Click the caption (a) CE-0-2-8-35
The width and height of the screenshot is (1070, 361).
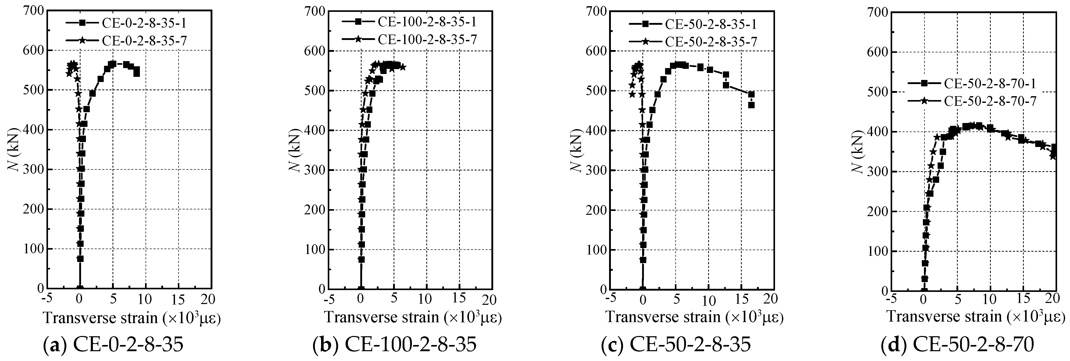pyautogui.click(x=113, y=344)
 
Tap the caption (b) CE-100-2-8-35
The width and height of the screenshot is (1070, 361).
pyautogui.click(x=395, y=344)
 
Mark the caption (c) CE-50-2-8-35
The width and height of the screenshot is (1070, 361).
pyautogui.click(x=676, y=344)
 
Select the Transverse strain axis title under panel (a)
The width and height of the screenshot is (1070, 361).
pyautogui.click(x=131, y=318)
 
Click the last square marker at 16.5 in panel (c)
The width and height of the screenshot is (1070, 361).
pyautogui.click(x=751, y=105)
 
